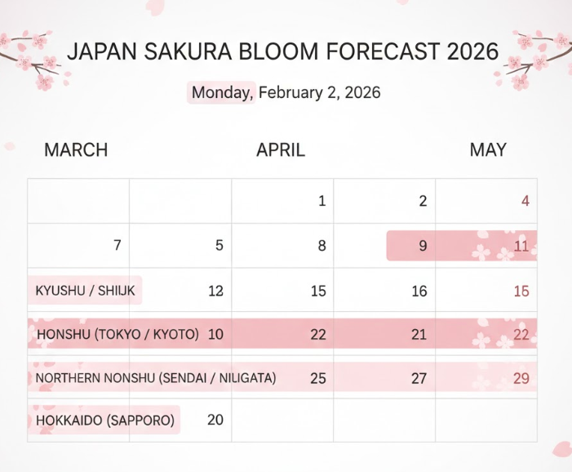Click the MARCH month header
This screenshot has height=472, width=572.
76,150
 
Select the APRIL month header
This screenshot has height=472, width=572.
281,150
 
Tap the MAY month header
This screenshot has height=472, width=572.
488,150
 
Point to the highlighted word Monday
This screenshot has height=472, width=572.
222,93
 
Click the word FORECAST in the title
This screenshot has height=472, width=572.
385,52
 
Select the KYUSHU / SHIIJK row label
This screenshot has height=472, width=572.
86,291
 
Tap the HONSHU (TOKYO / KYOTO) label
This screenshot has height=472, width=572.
118,334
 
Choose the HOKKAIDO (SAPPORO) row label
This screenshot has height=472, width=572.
105,421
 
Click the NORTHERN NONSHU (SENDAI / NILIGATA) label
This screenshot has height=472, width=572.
156,378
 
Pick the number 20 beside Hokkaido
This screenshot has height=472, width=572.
215,420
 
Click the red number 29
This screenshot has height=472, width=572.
521,378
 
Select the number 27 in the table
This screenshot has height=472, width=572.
419,378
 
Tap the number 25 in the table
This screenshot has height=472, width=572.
318,378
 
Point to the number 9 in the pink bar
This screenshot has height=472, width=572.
423,246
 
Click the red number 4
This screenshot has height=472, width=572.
525,201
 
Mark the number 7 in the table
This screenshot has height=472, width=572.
118,245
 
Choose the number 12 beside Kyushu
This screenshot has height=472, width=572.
215,291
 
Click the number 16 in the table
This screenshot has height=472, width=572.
419,291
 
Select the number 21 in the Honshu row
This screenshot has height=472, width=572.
419,334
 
